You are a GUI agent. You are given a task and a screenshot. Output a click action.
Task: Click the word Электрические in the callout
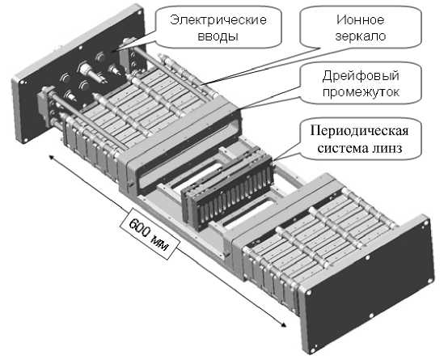pyautogui.click(x=218, y=21)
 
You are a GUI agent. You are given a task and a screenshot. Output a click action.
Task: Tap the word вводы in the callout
pyautogui.click(x=218, y=36)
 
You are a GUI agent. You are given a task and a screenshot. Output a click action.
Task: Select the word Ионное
pyautogui.click(x=361, y=20)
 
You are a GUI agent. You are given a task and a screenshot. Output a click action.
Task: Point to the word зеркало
pyautogui.click(x=361, y=36)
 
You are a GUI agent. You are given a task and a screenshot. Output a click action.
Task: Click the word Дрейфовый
pyautogui.click(x=361, y=76)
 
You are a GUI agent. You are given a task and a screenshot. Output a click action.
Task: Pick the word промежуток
pyautogui.click(x=361, y=92)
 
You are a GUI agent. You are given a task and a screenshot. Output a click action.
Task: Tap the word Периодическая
pyautogui.click(x=359, y=131)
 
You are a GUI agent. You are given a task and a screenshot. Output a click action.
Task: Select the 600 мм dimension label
pyautogui.click(x=150, y=234)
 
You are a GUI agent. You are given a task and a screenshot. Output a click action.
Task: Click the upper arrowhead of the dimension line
pyautogui.click(x=51, y=157)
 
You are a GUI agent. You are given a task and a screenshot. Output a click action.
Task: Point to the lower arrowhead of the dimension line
pyautogui.click(x=283, y=324)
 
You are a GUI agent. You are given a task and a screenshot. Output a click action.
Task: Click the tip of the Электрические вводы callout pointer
pyautogui.click(x=111, y=52)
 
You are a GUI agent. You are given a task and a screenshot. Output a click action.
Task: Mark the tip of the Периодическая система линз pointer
pyautogui.click(x=273, y=162)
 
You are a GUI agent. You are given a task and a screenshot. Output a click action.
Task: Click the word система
pyautogui.click(x=342, y=148)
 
